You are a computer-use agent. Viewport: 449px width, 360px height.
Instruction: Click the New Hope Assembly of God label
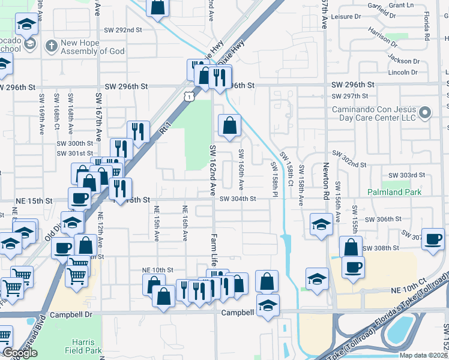pos(92,47)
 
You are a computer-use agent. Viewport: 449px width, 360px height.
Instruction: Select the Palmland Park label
pos(394,192)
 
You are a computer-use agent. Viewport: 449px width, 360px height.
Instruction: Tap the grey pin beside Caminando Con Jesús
pos(426,112)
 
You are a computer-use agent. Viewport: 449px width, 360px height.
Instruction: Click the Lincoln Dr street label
pos(402,73)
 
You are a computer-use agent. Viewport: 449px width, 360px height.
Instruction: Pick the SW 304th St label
pos(238,199)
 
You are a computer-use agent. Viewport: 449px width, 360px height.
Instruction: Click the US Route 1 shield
pos(190,96)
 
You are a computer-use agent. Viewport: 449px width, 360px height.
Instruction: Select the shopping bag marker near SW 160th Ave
pos(230,125)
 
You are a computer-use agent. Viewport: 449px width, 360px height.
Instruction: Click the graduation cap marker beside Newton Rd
pos(321,224)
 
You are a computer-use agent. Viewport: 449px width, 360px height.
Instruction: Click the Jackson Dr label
pos(403,61)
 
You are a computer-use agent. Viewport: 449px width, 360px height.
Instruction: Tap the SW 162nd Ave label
pos(212,170)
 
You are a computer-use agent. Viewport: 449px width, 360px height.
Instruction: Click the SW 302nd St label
pos(350,164)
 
